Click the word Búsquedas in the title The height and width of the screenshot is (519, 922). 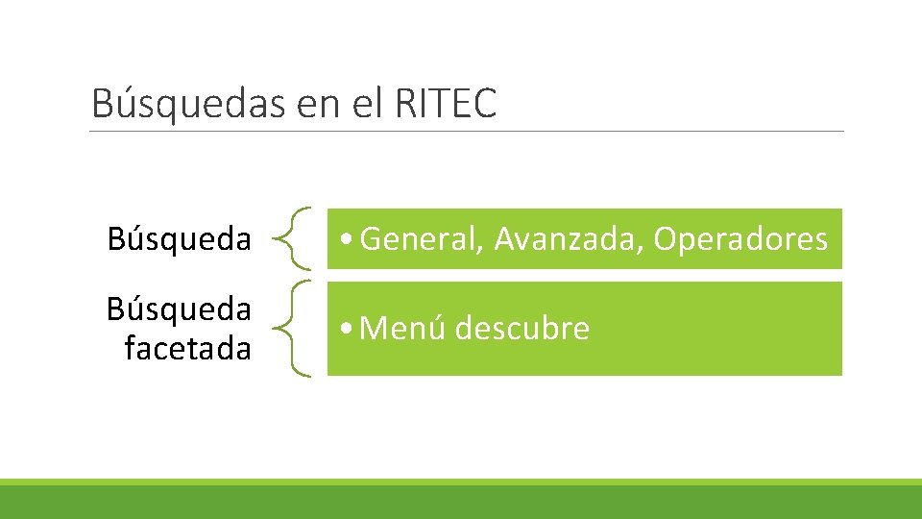pos(188,104)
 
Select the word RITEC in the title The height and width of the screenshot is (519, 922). pos(445,104)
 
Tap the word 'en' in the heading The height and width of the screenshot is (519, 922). pos(318,104)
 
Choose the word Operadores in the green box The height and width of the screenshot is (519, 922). pos(740,238)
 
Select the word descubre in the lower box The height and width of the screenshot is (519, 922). pos(522,329)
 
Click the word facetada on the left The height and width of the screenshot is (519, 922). pos(187,347)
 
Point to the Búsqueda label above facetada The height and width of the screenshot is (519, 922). pos(180,309)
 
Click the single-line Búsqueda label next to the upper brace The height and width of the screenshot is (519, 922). pos(180,238)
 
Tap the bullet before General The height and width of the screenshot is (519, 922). pos(345,239)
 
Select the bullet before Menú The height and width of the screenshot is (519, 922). pos(345,330)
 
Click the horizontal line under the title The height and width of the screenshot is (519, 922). pos(467,132)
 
